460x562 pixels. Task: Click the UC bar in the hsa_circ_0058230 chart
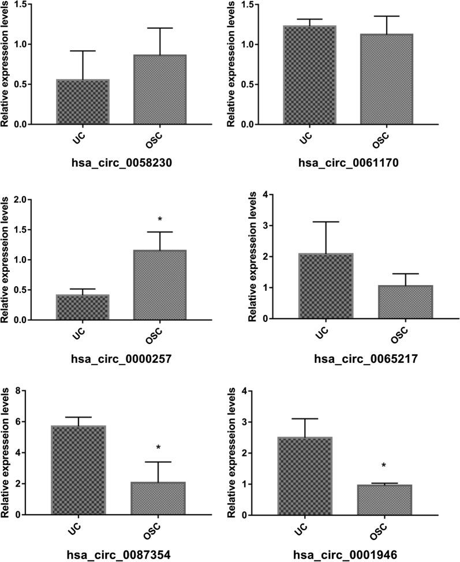pyautogui.click(x=83, y=102)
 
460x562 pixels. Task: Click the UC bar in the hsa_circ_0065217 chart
pyautogui.click(x=325, y=286)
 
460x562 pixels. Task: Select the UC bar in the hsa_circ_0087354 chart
pyautogui.click(x=77, y=470)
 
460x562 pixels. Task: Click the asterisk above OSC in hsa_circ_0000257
pyautogui.click(x=160, y=220)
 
